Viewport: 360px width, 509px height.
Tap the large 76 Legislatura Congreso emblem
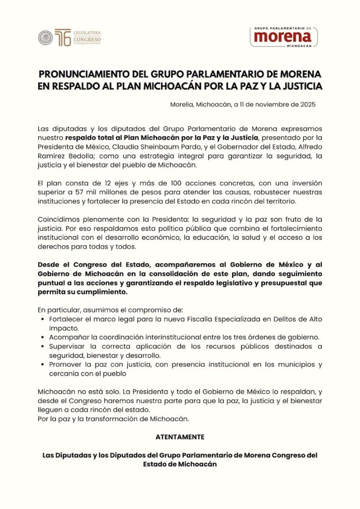tap(62, 38)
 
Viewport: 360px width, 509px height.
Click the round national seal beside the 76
tap(45, 38)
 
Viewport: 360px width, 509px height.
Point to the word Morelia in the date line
tap(182, 104)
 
